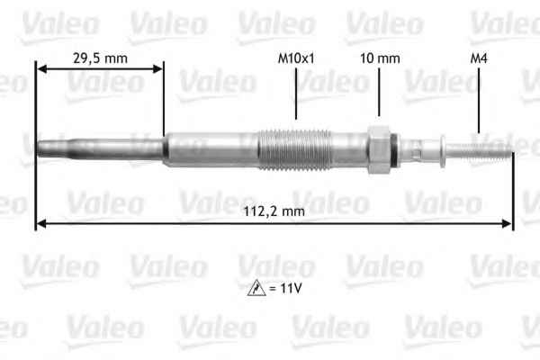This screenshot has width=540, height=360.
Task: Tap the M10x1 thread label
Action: pyautogui.click(x=295, y=58)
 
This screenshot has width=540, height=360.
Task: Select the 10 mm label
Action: pyautogui.click(x=379, y=58)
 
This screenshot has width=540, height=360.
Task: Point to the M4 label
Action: pyautogui.click(x=480, y=58)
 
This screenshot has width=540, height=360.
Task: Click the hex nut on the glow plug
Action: pyautogui.click(x=379, y=146)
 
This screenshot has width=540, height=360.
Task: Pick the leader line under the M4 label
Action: pyautogui.click(x=479, y=101)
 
